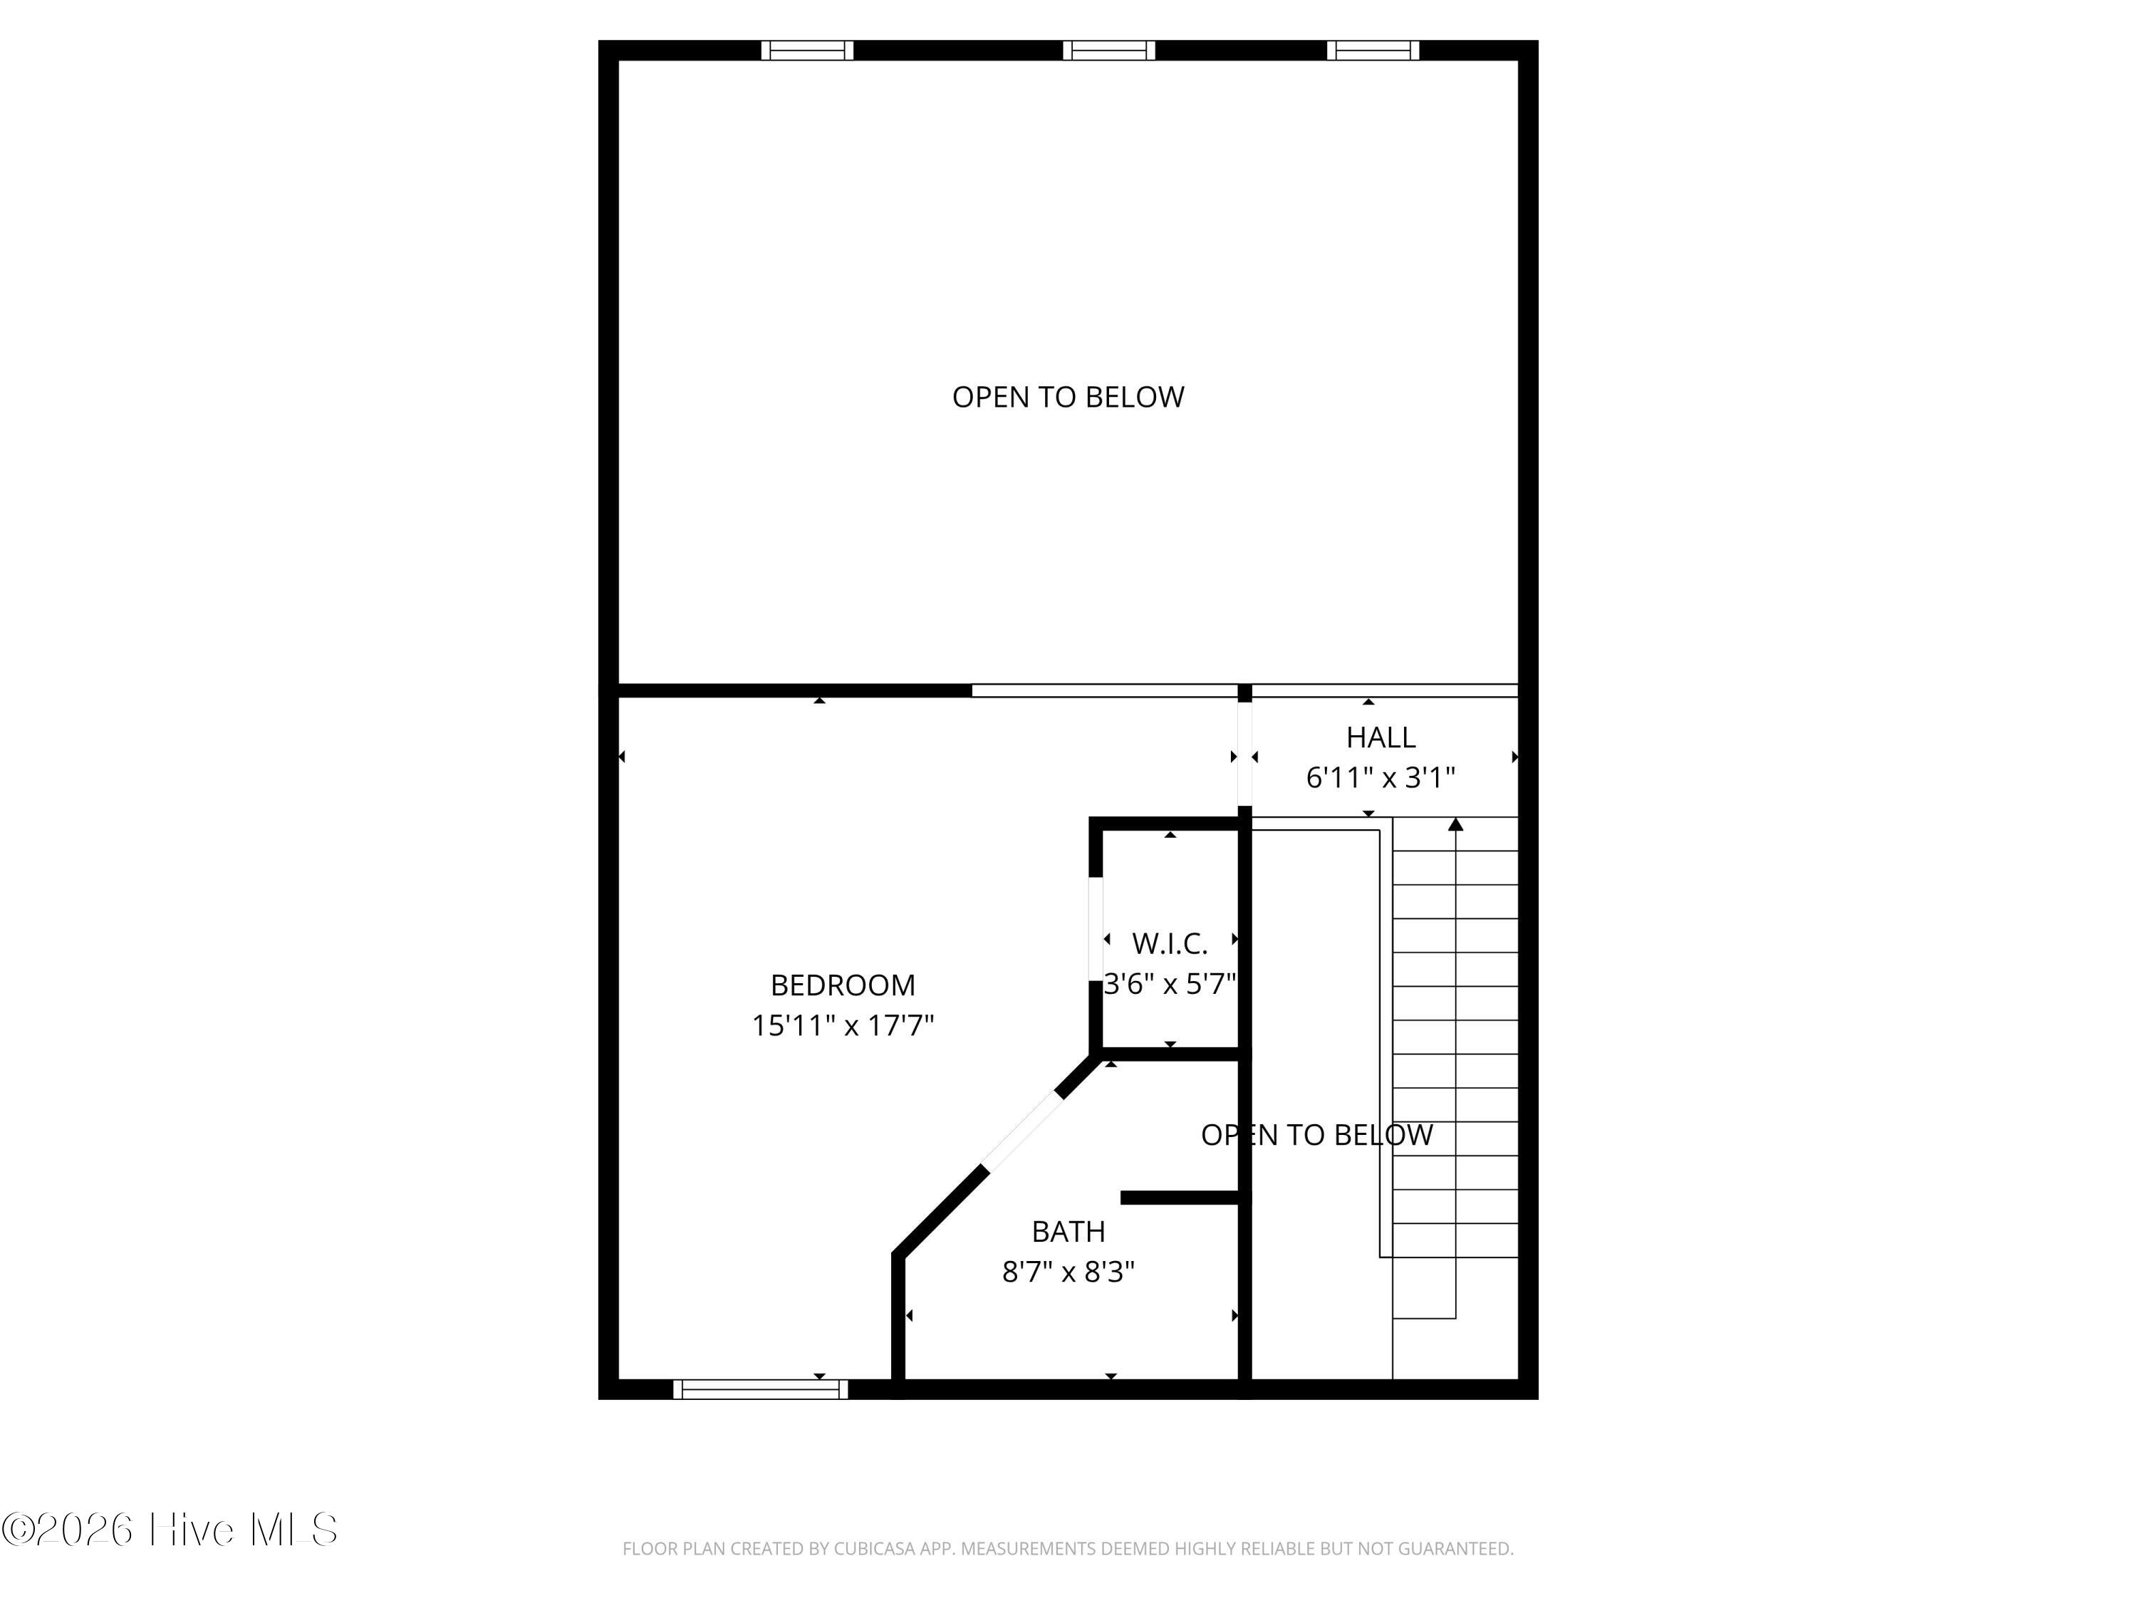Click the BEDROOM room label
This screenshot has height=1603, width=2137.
[843, 985]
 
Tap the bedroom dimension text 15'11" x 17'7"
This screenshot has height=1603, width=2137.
[843, 1025]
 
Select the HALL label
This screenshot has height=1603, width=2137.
[1381, 738]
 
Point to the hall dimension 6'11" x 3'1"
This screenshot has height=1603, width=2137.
[1381, 778]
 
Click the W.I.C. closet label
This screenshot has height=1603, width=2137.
[1170, 944]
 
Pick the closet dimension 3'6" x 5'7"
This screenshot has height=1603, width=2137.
[1170, 984]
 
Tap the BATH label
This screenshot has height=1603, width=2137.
[1068, 1232]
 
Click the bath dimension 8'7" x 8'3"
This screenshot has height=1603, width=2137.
[1068, 1272]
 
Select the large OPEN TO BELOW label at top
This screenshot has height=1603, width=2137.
[1068, 397]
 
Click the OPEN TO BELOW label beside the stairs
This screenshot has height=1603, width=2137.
[1317, 1136]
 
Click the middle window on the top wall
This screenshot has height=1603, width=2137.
[1109, 51]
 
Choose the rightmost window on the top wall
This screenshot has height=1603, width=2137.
[1373, 51]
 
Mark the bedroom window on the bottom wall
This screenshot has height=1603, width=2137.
[760, 1389]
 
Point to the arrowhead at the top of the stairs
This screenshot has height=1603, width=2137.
[1456, 824]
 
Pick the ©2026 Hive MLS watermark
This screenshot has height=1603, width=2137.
[170, 1530]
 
